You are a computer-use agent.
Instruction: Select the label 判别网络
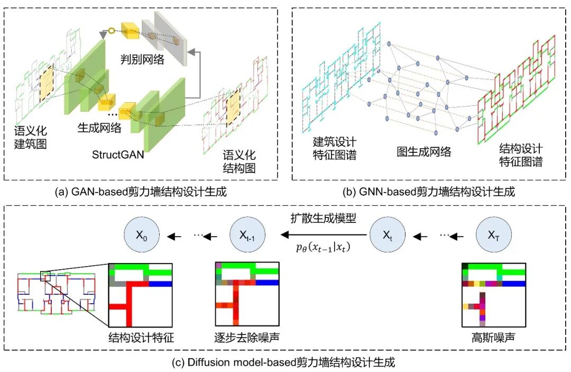pos(141,60)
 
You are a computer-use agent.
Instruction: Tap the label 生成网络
pos(99,128)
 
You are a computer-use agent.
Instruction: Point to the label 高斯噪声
pos(493,337)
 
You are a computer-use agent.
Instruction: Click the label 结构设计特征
pos(141,337)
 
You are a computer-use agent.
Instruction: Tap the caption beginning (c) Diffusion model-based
pos(287,363)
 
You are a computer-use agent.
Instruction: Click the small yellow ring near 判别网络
pos(112,31)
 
